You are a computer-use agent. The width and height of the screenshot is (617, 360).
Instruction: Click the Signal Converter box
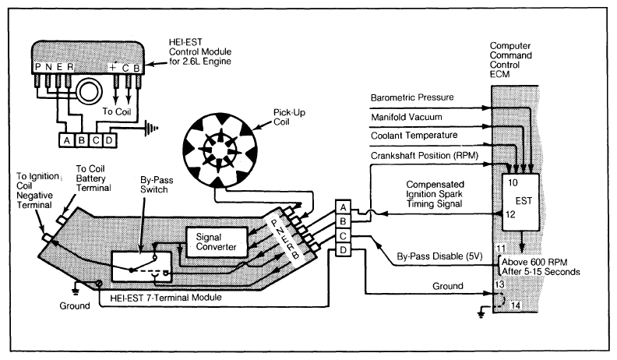click(x=217, y=242)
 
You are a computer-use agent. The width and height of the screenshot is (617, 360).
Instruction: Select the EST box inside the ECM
click(x=520, y=203)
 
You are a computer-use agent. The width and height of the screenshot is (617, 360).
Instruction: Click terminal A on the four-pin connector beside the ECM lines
click(x=343, y=207)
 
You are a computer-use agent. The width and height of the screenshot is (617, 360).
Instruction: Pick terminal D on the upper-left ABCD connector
click(x=109, y=140)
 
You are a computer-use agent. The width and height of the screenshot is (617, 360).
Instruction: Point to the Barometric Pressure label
click(x=412, y=97)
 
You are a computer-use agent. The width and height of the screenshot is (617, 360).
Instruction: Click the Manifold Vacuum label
click(x=407, y=117)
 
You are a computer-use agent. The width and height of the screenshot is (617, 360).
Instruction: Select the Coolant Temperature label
click(x=414, y=136)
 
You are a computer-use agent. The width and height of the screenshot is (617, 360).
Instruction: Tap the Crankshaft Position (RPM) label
click(x=425, y=155)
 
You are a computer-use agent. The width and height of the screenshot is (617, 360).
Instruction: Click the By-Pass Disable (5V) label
click(x=439, y=256)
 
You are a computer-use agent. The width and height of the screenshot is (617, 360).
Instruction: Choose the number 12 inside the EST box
click(x=510, y=214)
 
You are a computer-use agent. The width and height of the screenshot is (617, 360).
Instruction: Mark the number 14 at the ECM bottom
click(x=515, y=305)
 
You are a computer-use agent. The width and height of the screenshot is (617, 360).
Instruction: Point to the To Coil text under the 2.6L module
click(x=117, y=111)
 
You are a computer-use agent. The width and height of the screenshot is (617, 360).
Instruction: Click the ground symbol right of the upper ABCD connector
click(x=152, y=128)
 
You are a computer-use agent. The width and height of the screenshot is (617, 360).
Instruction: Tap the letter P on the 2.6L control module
click(x=38, y=67)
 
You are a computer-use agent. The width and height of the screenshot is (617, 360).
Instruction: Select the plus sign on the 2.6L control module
click(x=113, y=68)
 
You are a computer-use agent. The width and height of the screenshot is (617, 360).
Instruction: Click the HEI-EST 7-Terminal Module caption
click(x=166, y=298)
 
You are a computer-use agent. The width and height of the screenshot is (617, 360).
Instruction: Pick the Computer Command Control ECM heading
click(x=510, y=60)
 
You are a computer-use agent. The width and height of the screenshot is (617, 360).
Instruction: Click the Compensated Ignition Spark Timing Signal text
click(x=435, y=194)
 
